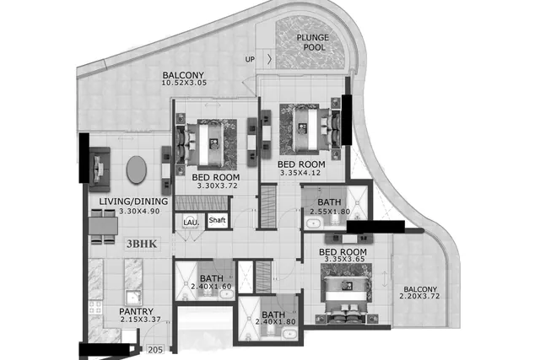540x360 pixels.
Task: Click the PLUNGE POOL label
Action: (x=313, y=42)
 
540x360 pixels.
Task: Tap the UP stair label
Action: (x=250, y=59)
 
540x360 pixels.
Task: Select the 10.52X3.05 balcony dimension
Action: (x=184, y=83)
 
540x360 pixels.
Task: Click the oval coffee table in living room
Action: (x=137, y=169)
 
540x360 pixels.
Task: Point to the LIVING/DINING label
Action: (x=133, y=201)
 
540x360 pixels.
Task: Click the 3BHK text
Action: (x=142, y=244)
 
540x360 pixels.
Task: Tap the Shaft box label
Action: (x=218, y=220)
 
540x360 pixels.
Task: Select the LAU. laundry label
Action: (x=192, y=223)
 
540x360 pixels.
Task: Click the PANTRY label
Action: (x=137, y=311)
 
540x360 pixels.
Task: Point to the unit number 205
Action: (x=155, y=350)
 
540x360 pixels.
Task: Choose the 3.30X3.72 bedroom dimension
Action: (x=217, y=185)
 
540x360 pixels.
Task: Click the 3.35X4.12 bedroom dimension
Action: (x=300, y=173)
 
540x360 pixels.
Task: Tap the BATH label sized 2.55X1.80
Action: (x=329, y=202)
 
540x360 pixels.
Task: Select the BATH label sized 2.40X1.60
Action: (x=212, y=278)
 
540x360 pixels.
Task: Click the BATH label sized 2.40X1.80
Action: (x=273, y=314)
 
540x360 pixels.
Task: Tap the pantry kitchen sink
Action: (x=132, y=298)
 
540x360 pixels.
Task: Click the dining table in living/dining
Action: (x=103, y=227)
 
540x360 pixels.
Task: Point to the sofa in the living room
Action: (x=100, y=169)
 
